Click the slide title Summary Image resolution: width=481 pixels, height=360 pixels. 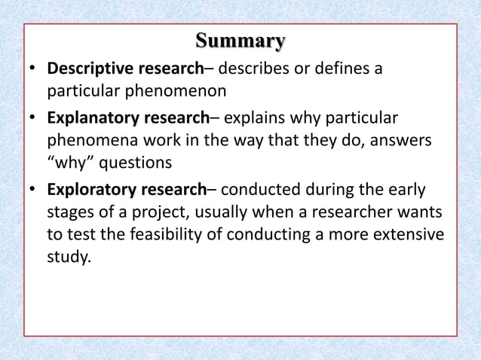[x=240, y=40]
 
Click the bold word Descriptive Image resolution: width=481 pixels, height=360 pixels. [x=90, y=69]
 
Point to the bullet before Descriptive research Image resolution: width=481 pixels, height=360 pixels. [x=32, y=69]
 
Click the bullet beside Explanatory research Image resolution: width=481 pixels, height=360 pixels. [x=32, y=118]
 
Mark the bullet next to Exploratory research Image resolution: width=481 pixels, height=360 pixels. [x=32, y=189]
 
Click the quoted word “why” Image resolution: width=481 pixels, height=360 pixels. [x=71, y=163]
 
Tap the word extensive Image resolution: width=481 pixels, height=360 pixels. [x=406, y=234]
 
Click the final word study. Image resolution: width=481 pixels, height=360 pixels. [x=69, y=257]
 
